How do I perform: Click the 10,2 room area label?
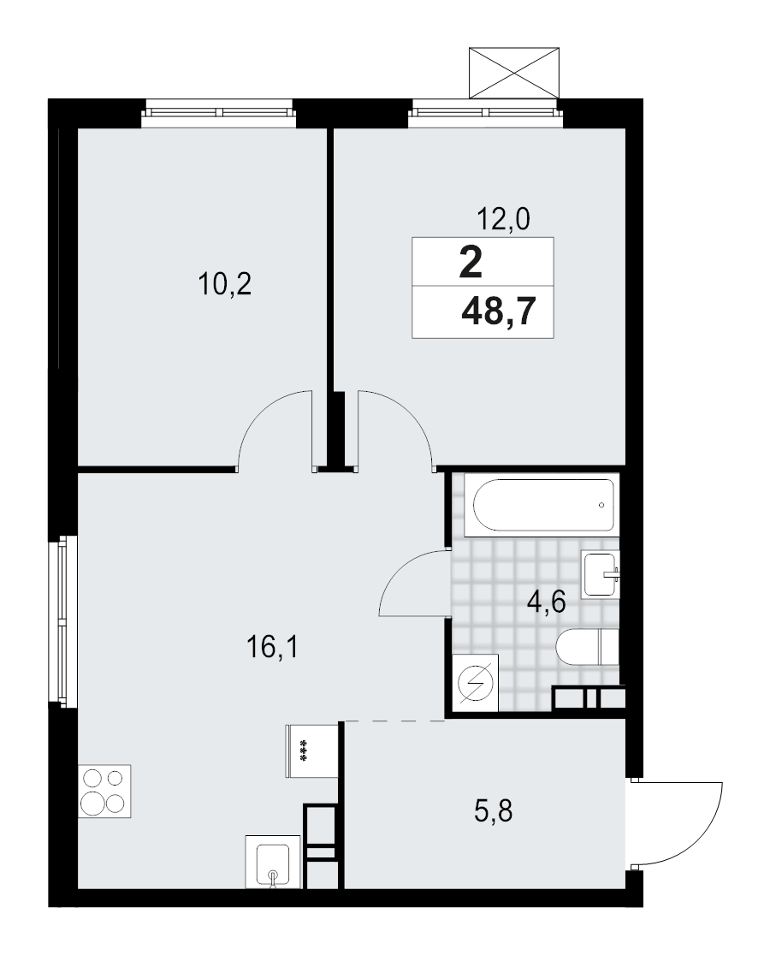tap(224, 283)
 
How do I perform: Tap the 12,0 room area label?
tap(503, 221)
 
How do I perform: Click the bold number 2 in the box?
tap(471, 262)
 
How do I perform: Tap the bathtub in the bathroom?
tap(541, 505)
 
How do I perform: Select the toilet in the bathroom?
tap(587, 646)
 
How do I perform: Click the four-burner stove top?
tap(104, 791)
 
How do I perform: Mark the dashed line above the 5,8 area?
tap(394, 721)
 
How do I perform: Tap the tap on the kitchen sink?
tap(274, 876)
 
